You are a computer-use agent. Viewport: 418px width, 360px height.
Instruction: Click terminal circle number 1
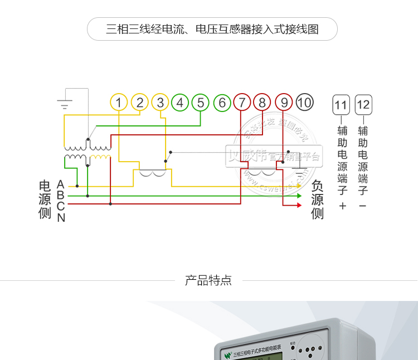[119, 103]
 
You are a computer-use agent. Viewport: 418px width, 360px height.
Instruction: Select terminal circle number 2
[140, 103]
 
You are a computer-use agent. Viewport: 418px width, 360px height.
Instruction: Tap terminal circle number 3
[160, 103]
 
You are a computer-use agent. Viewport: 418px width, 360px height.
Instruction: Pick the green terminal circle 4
[180, 103]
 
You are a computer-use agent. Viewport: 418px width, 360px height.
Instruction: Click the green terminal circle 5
[201, 103]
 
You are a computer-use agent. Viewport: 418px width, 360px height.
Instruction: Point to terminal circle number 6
[222, 103]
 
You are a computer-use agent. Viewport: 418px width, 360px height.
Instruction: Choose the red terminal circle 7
[242, 103]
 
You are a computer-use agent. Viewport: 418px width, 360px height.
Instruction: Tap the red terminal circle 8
[262, 103]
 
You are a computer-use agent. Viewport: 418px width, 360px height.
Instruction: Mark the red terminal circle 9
[284, 103]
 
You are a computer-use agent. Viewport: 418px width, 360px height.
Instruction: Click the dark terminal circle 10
[304, 103]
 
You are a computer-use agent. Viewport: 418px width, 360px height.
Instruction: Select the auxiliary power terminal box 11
[341, 105]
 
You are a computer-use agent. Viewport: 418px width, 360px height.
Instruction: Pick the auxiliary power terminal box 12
[363, 105]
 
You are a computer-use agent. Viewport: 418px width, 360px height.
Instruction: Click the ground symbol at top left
[65, 103]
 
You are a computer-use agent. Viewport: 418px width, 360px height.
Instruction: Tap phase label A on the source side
[61, 184]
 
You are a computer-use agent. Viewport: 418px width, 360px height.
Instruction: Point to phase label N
[61, 218]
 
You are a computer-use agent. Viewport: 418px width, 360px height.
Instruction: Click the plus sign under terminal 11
[342, 206]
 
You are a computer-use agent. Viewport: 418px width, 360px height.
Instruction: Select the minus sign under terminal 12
[363, 206]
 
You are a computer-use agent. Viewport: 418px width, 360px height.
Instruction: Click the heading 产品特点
[208, 280]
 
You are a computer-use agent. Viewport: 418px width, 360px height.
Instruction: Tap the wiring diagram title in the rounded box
[212, 29]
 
